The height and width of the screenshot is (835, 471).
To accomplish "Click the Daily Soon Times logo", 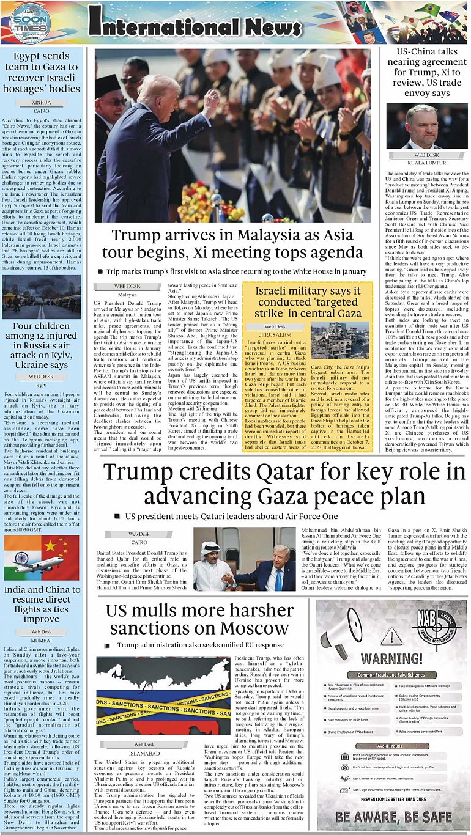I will click(x=30, y=23).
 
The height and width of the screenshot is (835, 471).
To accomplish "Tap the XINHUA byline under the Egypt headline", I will click(x=42, y=103).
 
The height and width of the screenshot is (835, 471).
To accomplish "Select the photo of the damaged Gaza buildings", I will click(x=339, y=340).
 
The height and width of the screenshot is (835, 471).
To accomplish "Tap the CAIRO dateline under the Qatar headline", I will click(x=139, y=542).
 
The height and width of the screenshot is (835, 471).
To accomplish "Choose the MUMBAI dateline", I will click(x=42, y=640).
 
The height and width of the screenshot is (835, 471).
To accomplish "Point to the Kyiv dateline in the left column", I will click(x=42, y=385).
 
